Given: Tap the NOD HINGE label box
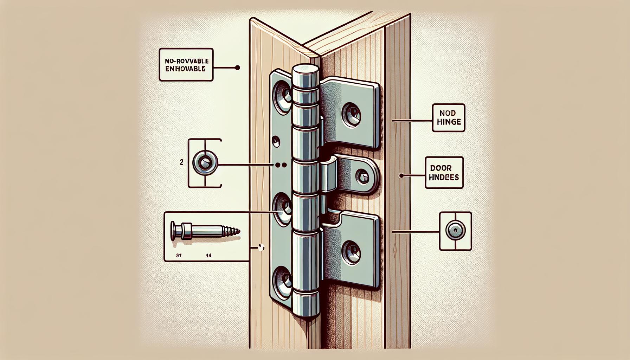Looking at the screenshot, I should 448,118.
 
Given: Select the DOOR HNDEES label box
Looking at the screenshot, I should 444,173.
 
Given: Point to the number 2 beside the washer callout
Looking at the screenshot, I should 181,163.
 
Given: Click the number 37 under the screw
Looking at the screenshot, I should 178,256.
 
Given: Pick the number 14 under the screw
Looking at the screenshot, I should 208,256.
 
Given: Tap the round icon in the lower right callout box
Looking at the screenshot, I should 455,231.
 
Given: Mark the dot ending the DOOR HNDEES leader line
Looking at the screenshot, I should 401,175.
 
